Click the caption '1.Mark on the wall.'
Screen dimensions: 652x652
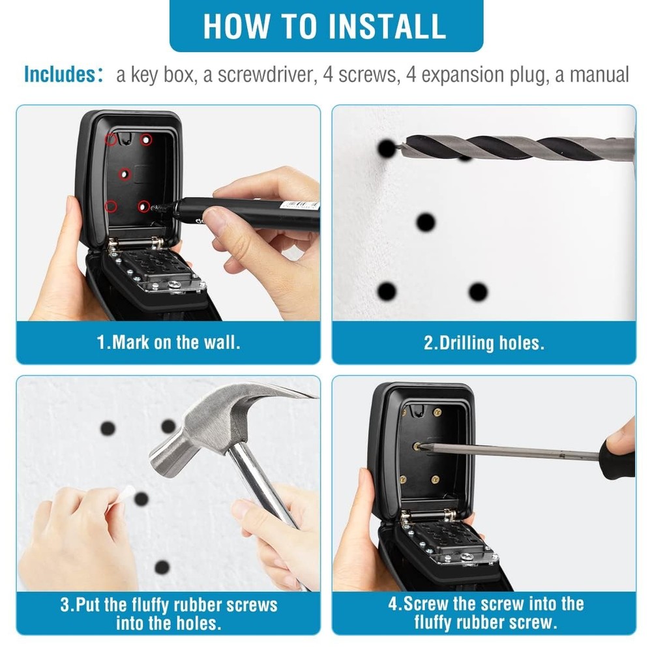point(168,342)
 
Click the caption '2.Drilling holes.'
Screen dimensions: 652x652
point(484,342)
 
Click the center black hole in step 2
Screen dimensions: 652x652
point(426,222)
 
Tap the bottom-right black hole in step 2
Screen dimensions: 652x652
point(478,291)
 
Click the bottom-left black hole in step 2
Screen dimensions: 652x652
point(387,291)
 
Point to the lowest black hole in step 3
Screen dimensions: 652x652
point(162,567)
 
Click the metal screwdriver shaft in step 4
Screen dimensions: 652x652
point(509,449)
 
